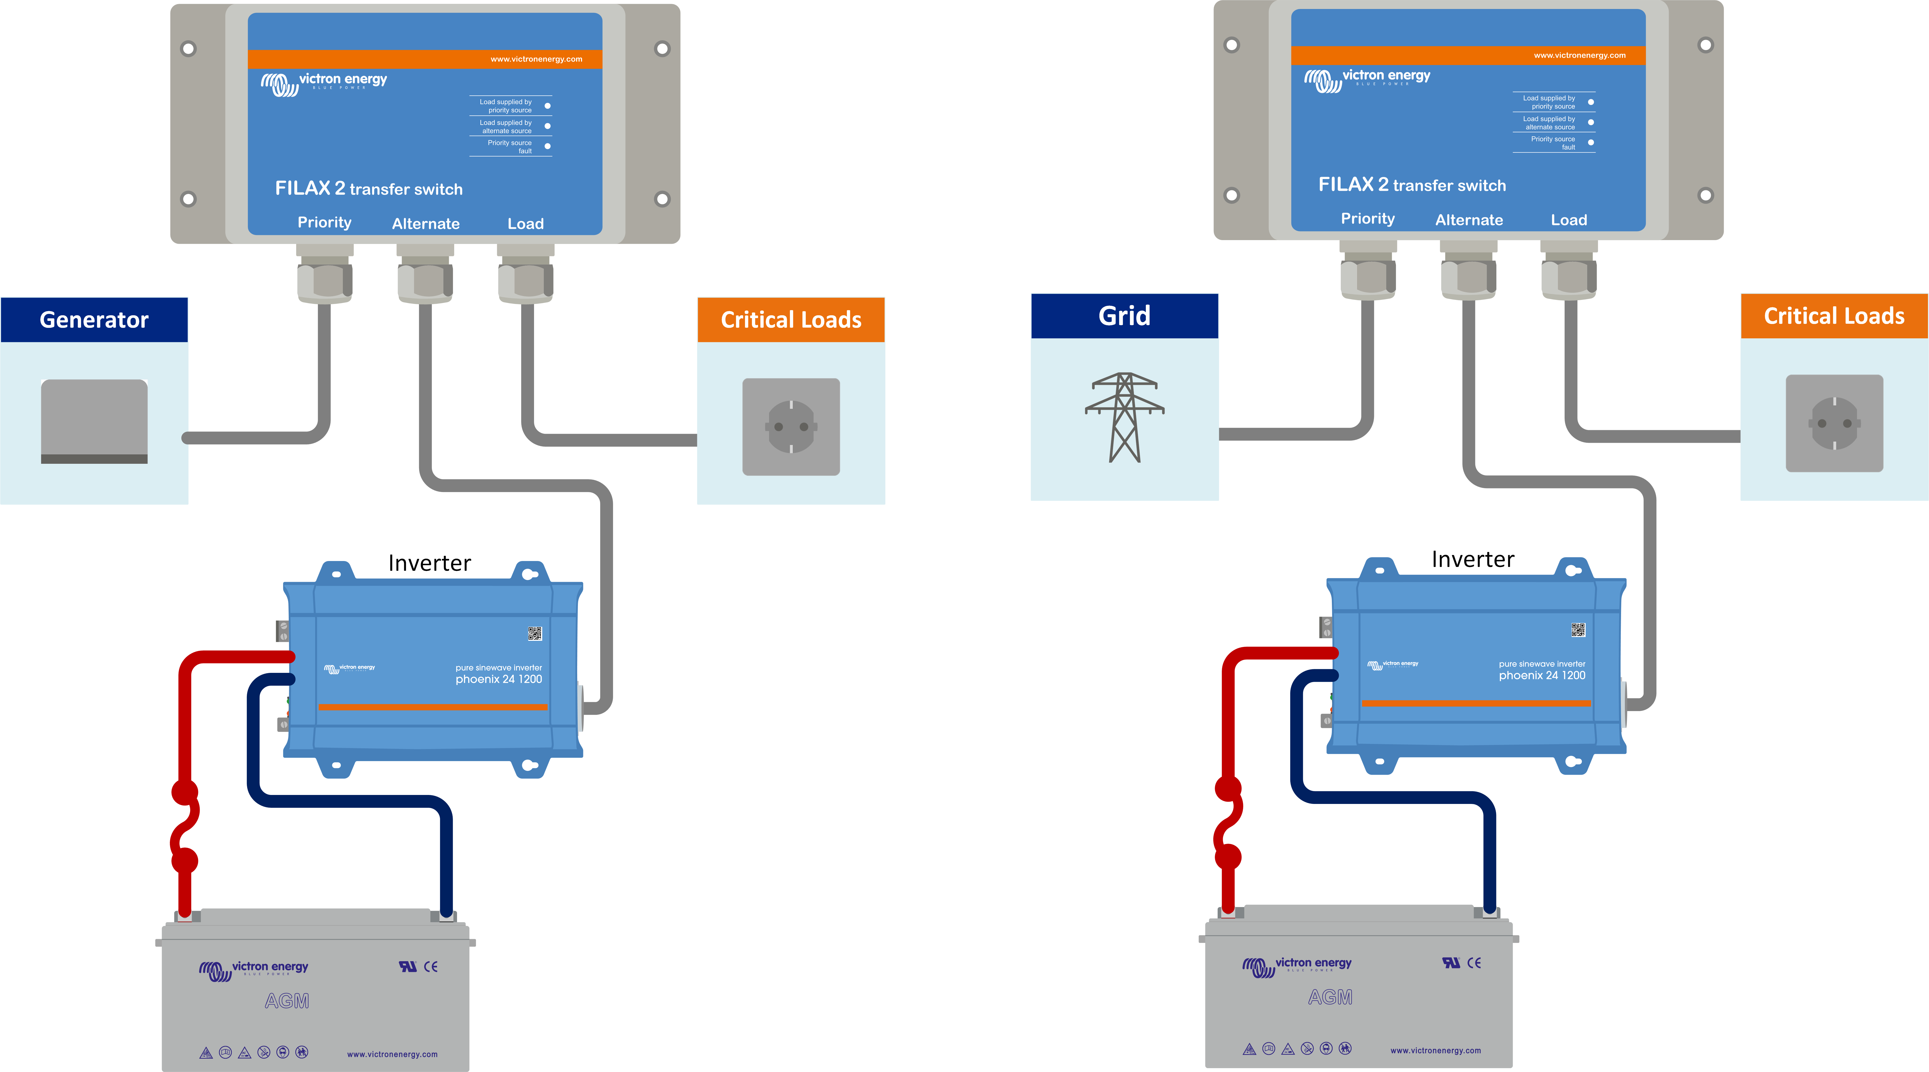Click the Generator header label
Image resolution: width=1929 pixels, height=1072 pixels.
pyautogui.click(x=94, y=320)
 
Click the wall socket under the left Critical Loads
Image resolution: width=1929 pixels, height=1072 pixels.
pyautogui.click(x=791, y=427)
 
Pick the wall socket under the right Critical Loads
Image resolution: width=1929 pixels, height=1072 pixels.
pyautogui.click(x=1834, y=423)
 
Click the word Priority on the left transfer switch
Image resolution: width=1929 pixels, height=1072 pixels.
pyautogui.click(x=324, y=222)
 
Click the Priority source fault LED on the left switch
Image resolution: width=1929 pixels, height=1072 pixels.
pyautogui.click(x=547, y=146)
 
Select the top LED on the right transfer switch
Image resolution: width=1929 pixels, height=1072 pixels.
pyautogui.click(x=1591, y=102)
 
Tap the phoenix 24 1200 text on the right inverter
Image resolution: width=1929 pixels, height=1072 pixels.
pyautogui.click(x=1542, y=675)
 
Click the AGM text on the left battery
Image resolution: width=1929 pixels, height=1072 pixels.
pyautogui.click(x=287, y=1001)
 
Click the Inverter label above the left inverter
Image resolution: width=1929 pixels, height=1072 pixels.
pyautogui.click(x=429, y=563)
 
